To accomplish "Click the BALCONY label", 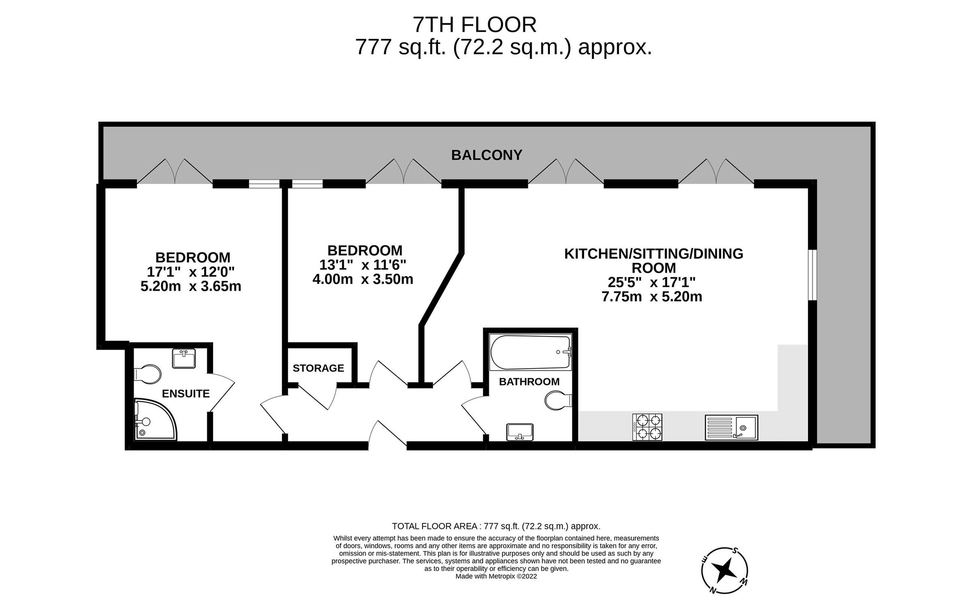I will click(487, 155).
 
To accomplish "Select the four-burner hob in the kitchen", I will click(647, 427).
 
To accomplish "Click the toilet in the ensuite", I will click(147, 373).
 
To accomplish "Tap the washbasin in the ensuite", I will click(184, 358).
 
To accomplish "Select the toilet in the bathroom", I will click(558, 400).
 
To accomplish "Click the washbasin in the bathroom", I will click(520, 432).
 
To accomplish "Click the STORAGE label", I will click(318, 368).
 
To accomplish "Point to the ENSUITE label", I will click(185, 394).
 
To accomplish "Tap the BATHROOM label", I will click(529, 381).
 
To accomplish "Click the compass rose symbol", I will click(724, 570).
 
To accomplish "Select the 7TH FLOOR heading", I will click(474, 25).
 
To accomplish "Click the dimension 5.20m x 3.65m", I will click(191, 286).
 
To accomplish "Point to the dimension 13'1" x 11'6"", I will click(362, 265).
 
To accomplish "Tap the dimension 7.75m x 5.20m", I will click(652, 297).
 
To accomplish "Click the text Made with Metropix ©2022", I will click(496, 576).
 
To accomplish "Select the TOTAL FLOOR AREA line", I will click(496, 526).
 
